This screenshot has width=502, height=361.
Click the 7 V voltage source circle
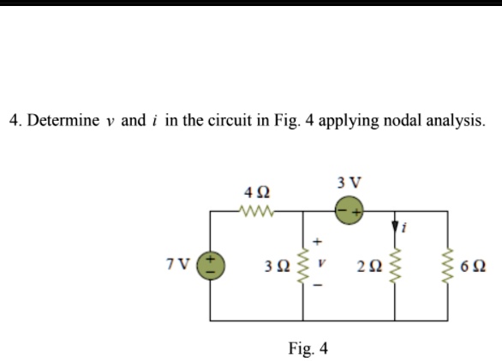pyautogui.click(x=211, y=266)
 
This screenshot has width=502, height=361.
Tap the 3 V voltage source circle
pyautogui.click(x=349, y=211)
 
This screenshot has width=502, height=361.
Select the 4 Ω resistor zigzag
pyautogui.click(x=256, y=211)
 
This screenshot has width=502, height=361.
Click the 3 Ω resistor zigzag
pyautogui.click(x=303, y=266)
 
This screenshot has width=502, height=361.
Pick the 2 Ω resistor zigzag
pyautogui.click(x=395, y=266)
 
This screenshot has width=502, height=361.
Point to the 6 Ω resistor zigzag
pyautogui.click(x=447, y=266)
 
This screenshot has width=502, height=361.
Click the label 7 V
pyautogui.click(x=178, y=264)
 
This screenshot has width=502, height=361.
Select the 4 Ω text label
pyautogui.click(x=257, y=193)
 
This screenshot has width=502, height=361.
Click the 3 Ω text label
pyautogui.click(x=278, y=266)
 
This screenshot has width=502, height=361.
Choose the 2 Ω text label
pyautogui.click(x=369, y=266)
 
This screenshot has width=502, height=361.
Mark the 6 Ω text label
pyautogui.click(x=473, y=266)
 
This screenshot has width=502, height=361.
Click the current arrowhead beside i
pyautogui.click(x=395, y=226)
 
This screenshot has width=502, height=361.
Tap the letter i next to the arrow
pyautogui.click(x=403, y=227)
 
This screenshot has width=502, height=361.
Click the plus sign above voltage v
pyautogui.click(x=317, y=241)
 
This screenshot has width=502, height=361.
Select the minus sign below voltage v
pyautogui.click(x=317, y=285)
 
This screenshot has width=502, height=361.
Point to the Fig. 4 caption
pyautogui.click(x=308, y=348)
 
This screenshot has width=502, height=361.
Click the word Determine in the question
pyautogui.click(x=63, y=121)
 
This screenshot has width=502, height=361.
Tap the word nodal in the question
pyautogui.click(x=402, y=121)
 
